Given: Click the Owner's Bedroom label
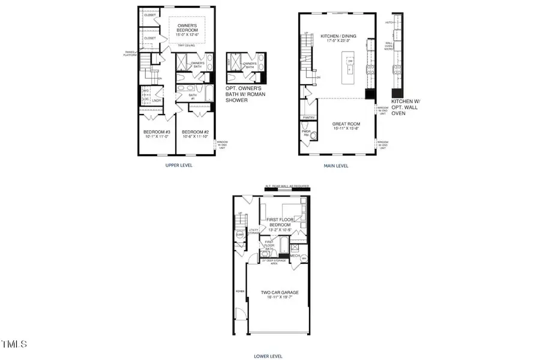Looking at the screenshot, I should point(187,29).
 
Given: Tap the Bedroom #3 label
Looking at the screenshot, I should point(157,135).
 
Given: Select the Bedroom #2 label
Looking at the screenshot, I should point(195,135).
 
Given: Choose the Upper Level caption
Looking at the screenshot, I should point(179,164).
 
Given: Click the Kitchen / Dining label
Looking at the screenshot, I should point(338,39).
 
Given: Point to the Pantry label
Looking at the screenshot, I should point(309,118).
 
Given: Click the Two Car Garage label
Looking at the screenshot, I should point(280,296).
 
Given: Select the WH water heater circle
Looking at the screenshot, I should point(304,259).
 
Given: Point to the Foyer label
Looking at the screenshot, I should point(239,293).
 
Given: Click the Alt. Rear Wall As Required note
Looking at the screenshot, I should point(287,187).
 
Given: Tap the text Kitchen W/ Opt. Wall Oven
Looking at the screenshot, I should point(406,107).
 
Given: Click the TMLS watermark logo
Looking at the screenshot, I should point(14,344).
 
